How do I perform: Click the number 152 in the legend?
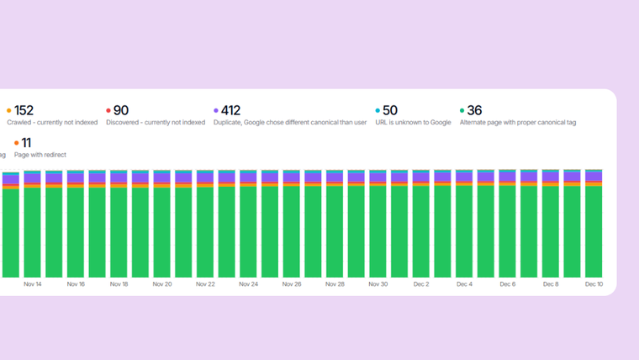[24, 110]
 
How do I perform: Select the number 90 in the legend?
[120, 110]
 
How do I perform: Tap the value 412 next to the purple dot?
[230, 110]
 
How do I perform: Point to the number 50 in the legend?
[389, 110]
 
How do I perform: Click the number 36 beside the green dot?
[474, 110]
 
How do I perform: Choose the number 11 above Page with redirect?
[26, 143]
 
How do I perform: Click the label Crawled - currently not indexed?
[52, 123]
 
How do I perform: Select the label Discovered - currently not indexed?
[156, 123]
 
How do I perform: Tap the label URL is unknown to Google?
[413, 123]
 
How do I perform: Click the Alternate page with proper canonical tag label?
[517, 123]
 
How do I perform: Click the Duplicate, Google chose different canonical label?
[290, 123]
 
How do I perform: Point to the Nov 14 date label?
[33, 284]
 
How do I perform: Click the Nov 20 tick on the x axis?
[162, 284]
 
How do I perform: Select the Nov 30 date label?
[378, 284]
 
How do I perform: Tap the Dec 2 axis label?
[421, 284]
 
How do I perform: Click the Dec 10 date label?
[594, 284]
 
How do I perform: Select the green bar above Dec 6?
[508, 231]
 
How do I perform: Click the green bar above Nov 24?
[249, 231]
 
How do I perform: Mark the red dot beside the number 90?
[108, 110]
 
